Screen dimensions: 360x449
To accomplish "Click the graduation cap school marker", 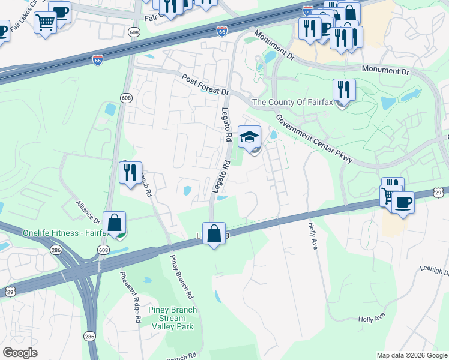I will coord(250,137).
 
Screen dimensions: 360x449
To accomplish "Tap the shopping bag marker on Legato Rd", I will coord(214,233).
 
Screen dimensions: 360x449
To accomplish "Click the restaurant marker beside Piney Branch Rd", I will coord(130,173).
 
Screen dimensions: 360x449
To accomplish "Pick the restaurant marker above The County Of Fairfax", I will coord(344,90).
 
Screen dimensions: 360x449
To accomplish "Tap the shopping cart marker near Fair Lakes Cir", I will coord(45,23).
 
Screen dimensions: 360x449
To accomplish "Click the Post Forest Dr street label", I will coord(206,85).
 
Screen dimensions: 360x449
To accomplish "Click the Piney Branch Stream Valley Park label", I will coord(172,318).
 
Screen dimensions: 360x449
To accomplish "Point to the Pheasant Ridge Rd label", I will coord(129,297).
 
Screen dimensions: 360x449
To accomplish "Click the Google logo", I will coord(20,353).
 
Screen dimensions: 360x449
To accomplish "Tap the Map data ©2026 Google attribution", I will coord(412,355).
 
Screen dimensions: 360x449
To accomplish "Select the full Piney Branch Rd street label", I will coord(182,277).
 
